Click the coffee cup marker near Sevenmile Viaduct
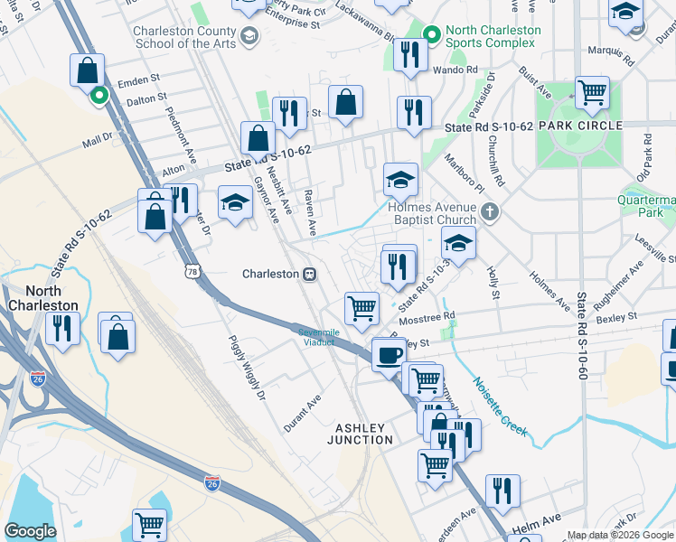pyautogui.click(x=389, y=354)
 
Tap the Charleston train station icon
pyautogui.click(x=309, y=274)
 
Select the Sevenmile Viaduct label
pyautogui.click(x=320, y=337)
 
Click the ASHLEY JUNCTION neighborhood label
pyautogui.click(x=364, y=434)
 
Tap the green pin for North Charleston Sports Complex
pyautogui.click(x=433, y=36)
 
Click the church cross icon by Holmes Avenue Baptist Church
pyautogui.click(x=489, y=213)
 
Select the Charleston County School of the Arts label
pyautogui.click(x=184, y=37)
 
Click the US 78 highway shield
pyautogui.click(x=191, y=271)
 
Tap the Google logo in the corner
pyautogui.click(x=31, y=531)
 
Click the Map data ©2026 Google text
pyautogui.click(x=619, y=535)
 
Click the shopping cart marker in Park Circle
pyautogui.click(x=592, y=91)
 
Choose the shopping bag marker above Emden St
pyautogui.click(x=87, y=70)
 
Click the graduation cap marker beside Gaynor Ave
pyautogui.click(x=235, y=201)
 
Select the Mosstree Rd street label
pyautogui.click(x=429, y=317)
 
